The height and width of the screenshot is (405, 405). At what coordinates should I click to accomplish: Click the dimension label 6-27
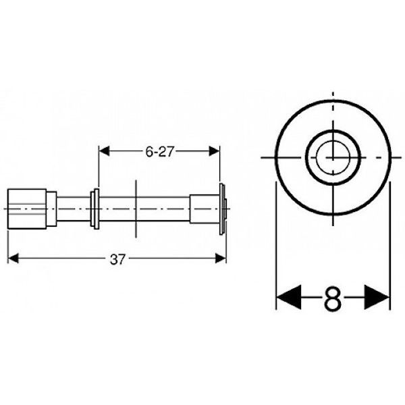pos(160,152)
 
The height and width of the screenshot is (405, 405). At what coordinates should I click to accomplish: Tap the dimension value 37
pos(117,259)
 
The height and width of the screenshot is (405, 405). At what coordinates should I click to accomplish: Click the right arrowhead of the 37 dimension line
pos(221,257)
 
